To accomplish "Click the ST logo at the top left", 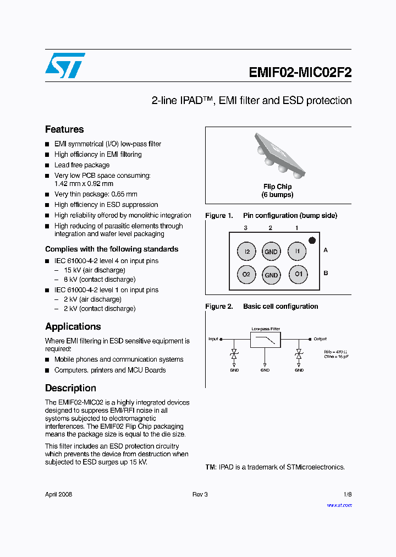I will tap(65, 65).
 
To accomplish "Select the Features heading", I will tap(64, 129).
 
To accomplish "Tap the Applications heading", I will tap(73, 326).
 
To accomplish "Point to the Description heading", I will tap(70, 388).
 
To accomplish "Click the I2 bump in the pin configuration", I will tap(247, 252).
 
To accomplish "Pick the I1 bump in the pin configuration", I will tap(298, 252).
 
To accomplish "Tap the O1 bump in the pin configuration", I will tap(298, 274).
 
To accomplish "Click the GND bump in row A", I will tap(271, 252).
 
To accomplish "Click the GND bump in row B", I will tap(271, 275).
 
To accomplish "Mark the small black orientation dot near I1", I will tap(312, 240).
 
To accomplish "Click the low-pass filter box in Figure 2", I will tap(265, 340).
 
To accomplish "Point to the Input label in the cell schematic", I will tap(213, 339).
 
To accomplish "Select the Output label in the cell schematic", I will tap(320, 339).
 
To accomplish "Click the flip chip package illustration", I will tap(278, 155).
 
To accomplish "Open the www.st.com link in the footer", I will tap(339, 505).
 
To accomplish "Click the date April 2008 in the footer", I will tap(59, 494).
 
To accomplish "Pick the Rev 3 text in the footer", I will tap(200, 494).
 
